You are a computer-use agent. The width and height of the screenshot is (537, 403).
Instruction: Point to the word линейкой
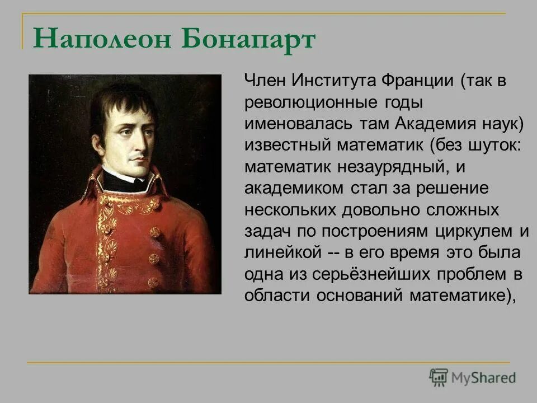(282, 252)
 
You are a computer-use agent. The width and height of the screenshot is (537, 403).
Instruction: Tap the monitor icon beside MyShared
(439, 377)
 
